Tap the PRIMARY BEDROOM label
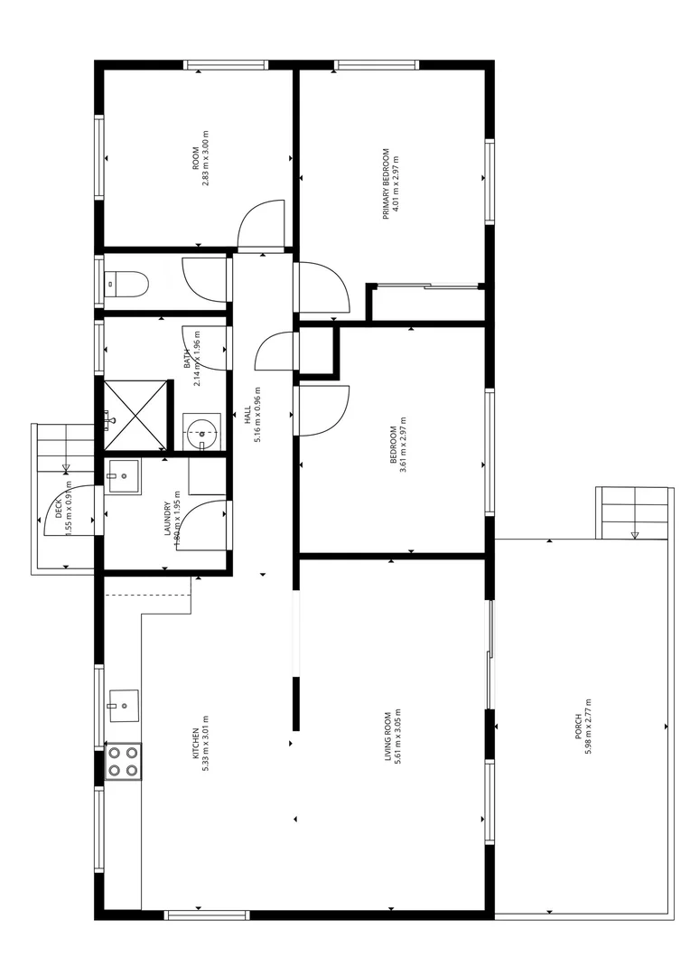click(x=386, y=183)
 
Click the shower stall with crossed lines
click(x=135, y=415)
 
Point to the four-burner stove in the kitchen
click(x=124, y=761)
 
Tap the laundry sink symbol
click(x=123, y=475)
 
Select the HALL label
click(x=247, y=415)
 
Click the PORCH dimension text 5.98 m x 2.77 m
click(x=589, y=727)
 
